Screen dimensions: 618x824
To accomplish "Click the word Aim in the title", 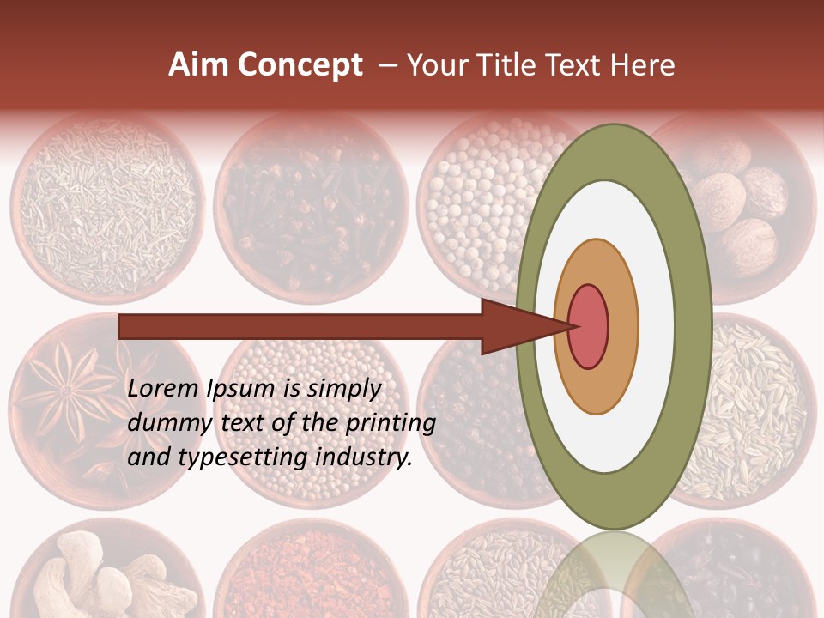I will tap(199, 65).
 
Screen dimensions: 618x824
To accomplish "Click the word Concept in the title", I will tap(300, 65).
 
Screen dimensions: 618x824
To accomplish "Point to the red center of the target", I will tap(589, 326).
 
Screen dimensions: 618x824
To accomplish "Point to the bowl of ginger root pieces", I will tap(103, 571).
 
